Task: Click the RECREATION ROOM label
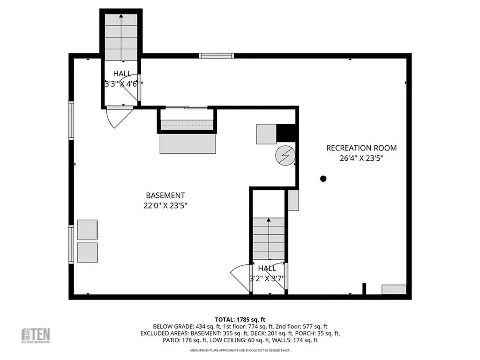(361, 148)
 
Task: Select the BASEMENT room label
(165, 195)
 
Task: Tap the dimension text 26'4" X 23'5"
(361, 158)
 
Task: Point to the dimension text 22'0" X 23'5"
(165, 205)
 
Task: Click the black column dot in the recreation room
(323, 179)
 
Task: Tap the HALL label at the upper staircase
(122, 74)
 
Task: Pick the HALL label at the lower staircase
(267, 269)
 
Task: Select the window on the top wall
(216, 56)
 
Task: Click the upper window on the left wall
(71, 120)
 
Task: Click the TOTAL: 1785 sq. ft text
(240, 319)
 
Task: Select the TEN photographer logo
(37, 335)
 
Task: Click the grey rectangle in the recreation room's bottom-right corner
(394, 289)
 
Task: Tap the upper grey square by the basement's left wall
(87, 230)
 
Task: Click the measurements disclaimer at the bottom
(240, 351)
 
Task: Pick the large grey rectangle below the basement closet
(188, 144)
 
